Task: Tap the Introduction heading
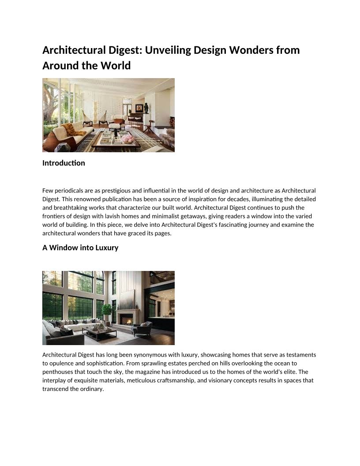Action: (x=64, y=163)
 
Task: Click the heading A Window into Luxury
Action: (x=80, y=248)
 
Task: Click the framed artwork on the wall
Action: (x=139, y=108)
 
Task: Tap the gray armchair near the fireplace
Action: (x=143, y=328)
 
